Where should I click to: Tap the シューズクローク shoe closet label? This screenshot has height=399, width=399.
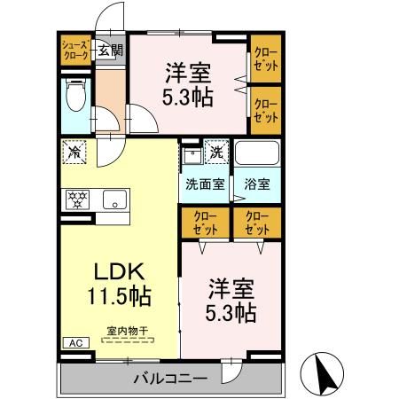[x=75, y=51]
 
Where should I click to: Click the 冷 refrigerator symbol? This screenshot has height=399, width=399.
[x=75, y=153]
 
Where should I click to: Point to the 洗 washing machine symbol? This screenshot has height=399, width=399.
[x=216, y=153]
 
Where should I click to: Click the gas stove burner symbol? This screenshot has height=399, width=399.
[x=77, y=199]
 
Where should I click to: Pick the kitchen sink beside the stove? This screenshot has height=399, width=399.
[x=113, y=199]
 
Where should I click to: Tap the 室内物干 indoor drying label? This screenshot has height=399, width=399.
[x=128, y=332]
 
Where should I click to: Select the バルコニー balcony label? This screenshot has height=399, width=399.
[x=170, y=379]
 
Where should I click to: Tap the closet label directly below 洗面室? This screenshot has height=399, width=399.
[x=205, y=222]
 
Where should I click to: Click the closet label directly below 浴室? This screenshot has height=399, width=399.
[x=256, y=222]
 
